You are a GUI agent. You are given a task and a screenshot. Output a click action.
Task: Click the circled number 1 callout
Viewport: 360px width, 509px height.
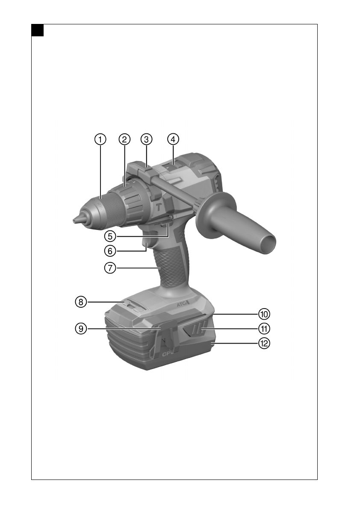tap(100, 139)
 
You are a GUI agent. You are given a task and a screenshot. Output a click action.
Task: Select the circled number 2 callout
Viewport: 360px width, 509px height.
tap(124, 139)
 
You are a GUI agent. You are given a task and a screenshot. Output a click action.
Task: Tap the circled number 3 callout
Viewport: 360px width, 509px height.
tap(146, 139)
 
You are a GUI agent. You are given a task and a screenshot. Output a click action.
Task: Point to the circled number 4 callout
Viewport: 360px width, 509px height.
tap(173, 139)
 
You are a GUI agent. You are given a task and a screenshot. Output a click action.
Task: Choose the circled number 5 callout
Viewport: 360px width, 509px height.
tap(110, 236)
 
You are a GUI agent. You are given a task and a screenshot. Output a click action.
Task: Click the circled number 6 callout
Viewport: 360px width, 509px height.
tap(110, 250)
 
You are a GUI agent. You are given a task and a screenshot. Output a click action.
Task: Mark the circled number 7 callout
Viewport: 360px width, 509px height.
tap(110, 268)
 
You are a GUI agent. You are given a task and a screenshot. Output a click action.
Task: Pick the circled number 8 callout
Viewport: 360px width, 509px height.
tap(81, 302)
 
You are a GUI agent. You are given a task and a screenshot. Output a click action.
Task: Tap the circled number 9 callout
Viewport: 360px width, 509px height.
tap(81, 329)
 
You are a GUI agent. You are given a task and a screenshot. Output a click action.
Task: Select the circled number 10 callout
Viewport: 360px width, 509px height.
tap(264, 314)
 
